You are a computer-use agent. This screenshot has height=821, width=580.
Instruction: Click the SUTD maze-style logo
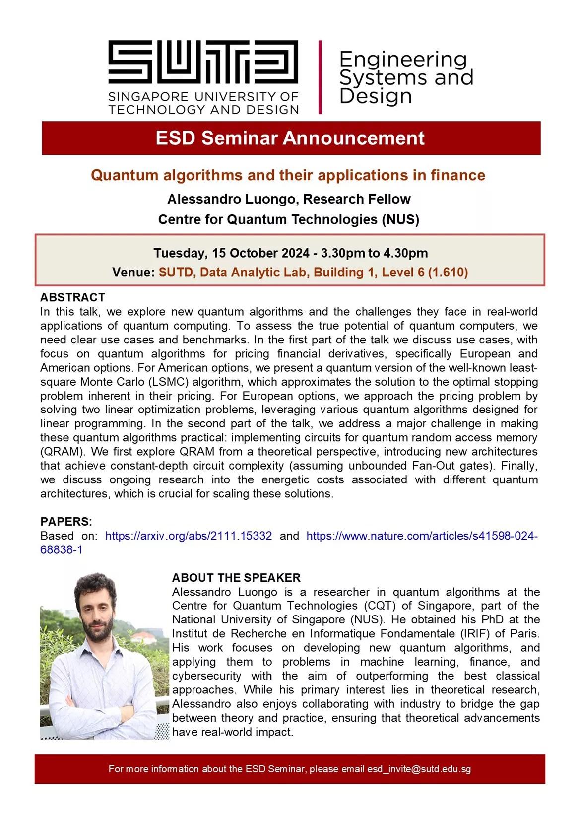click(x=203, y=62)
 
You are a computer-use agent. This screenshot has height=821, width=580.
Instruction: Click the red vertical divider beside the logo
click(x=320, y=77)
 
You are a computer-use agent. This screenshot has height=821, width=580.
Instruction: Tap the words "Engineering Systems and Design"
click(x=406, y=77)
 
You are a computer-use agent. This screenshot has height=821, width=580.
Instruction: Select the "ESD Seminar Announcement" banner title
click(x=290, y=138)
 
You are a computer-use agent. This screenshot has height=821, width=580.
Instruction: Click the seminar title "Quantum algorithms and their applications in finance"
click(x=288, y=175)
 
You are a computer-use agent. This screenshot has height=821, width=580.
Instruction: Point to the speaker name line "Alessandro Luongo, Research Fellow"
click(x=289, y=199)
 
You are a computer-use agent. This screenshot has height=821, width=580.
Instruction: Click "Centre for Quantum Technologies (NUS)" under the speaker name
click(x=289, y=219)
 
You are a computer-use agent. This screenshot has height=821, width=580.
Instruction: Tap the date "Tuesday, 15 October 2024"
click(x=231, y=253)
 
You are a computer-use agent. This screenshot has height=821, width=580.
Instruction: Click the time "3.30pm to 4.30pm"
click(x=374, y=253)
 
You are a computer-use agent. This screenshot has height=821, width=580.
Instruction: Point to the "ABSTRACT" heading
click(x=73, y=297)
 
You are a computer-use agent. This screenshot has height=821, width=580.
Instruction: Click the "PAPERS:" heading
click(x=66, y=522)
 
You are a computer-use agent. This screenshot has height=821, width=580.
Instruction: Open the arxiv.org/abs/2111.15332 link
click(x=189, y=536)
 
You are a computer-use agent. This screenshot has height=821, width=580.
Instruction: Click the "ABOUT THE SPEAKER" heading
click(x=236, y=578)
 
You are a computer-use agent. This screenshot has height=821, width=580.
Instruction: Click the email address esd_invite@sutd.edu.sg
click(x=419, y=769)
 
